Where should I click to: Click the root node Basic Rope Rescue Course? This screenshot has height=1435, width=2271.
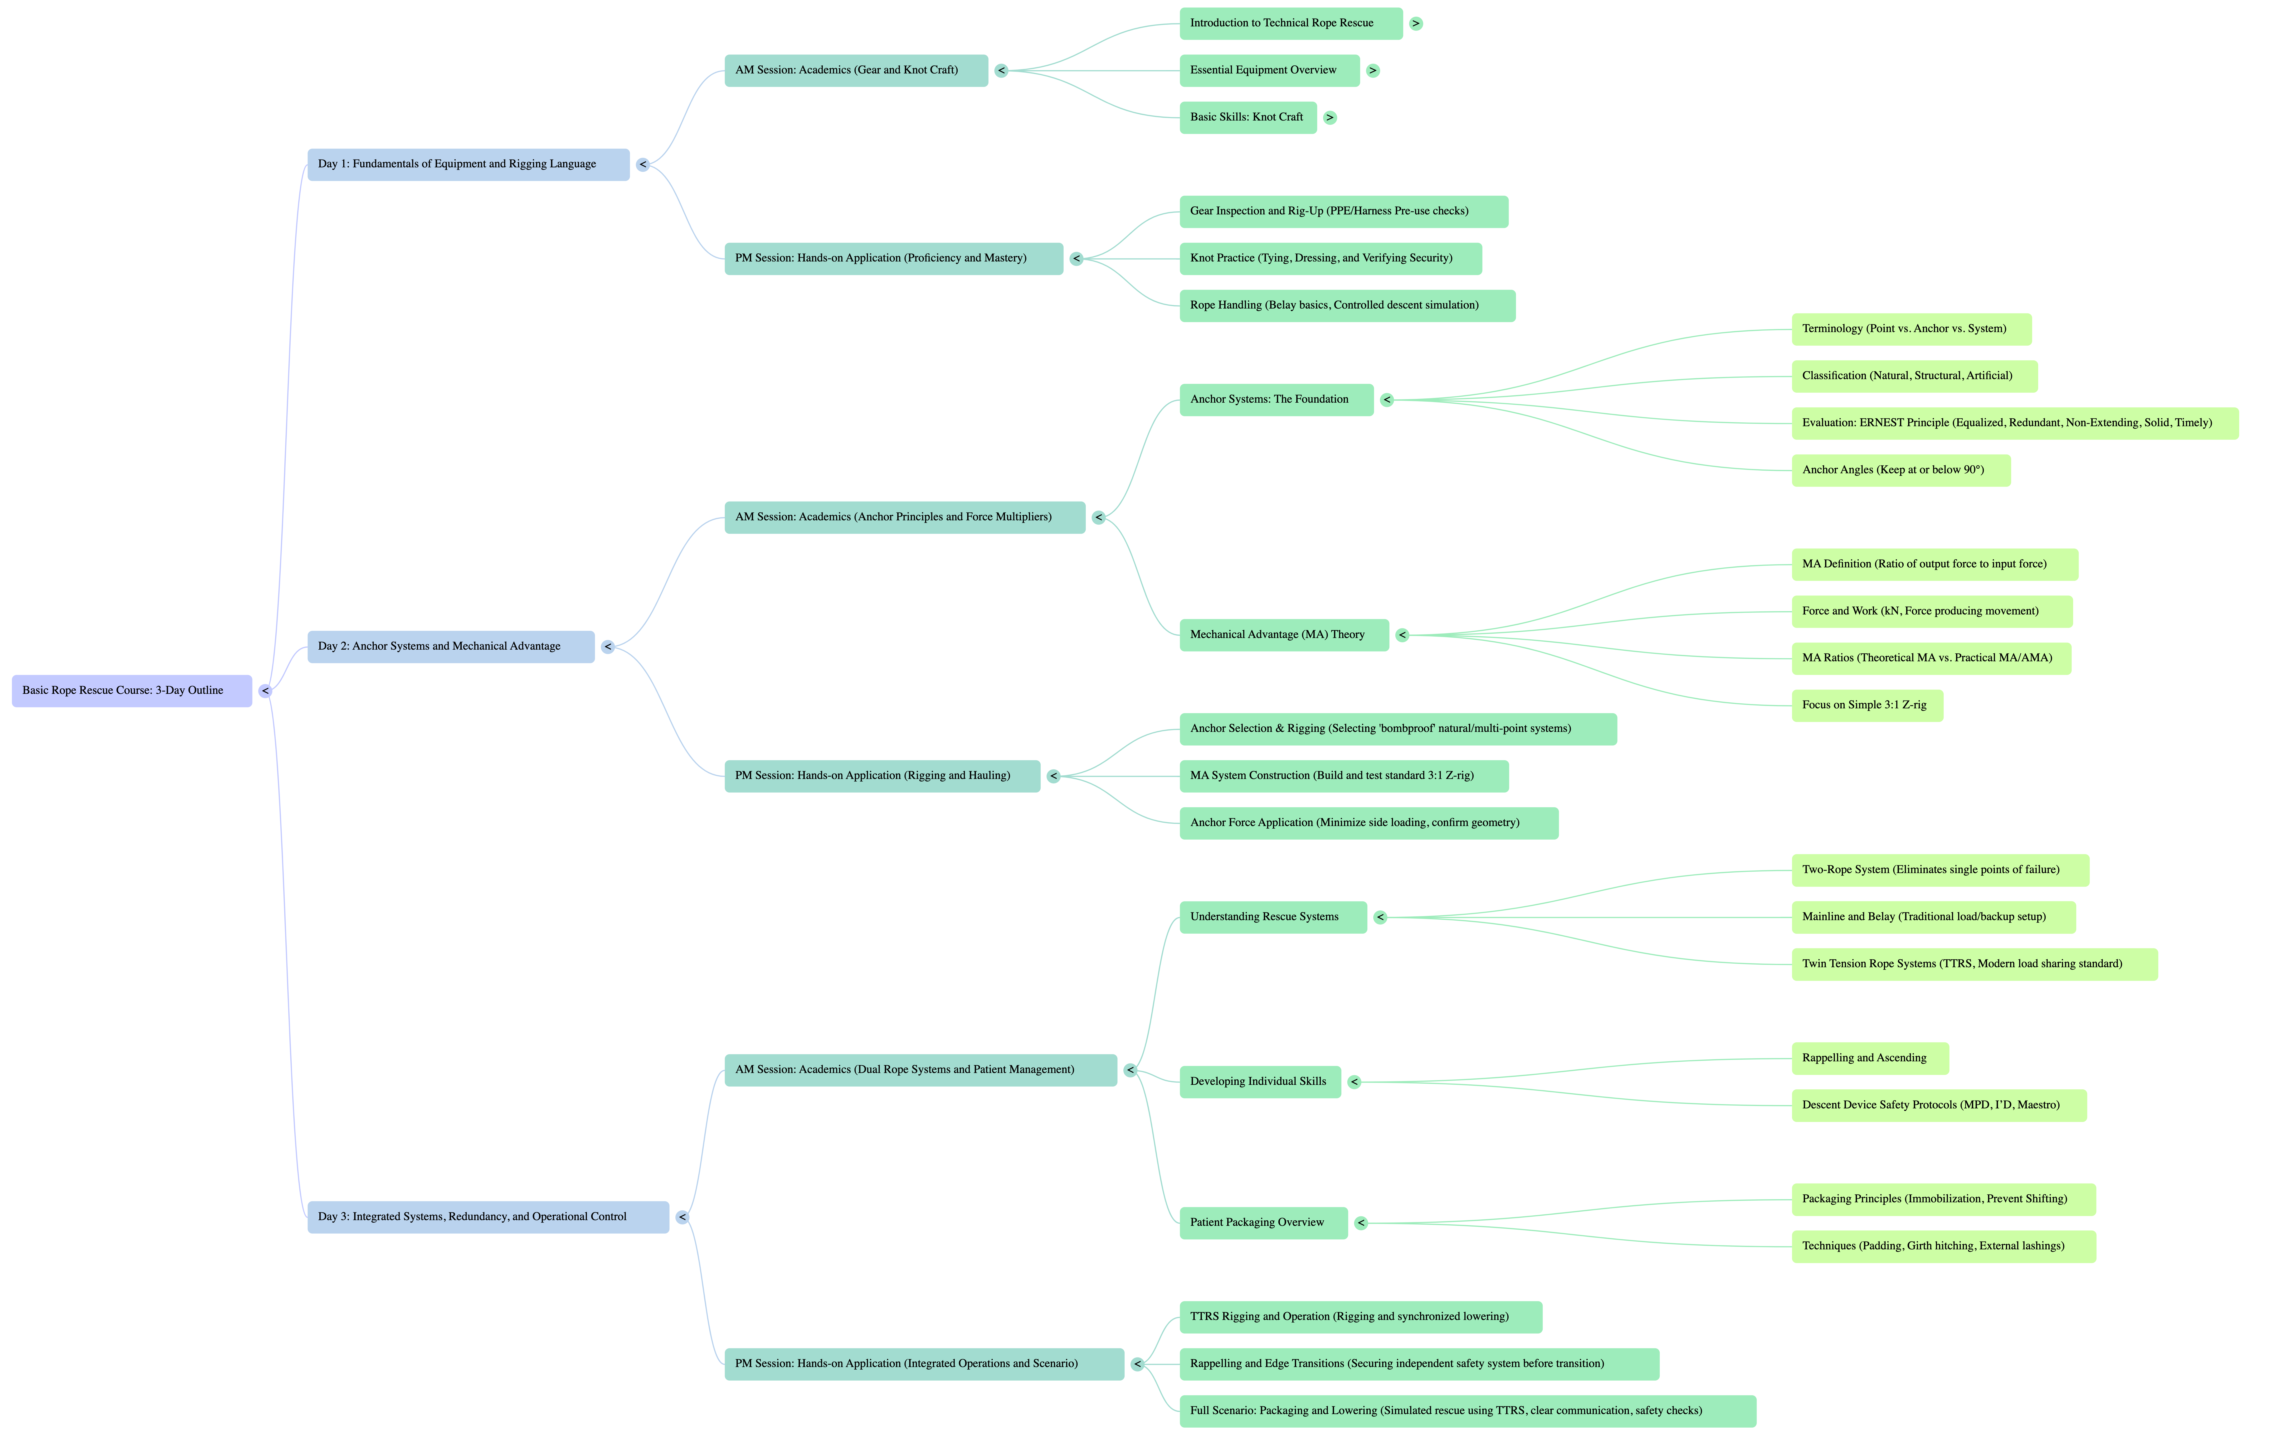click(x=131, y=690)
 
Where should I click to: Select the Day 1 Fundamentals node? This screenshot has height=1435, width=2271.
click(x=468, y=164)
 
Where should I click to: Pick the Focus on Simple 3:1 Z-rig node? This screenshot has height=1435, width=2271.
click(x=1867, y=705)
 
